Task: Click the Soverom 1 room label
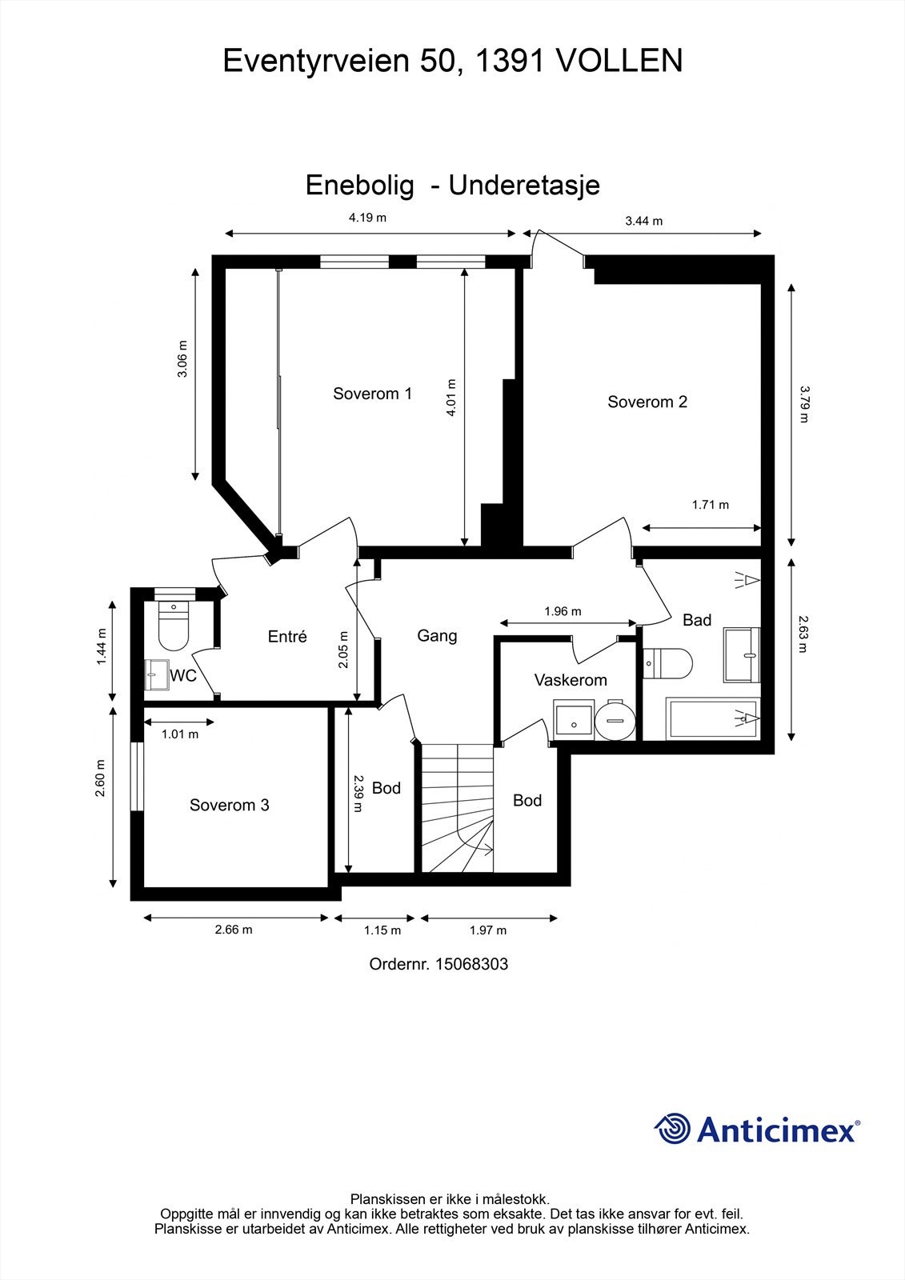point(372,394)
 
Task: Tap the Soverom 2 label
point(647,402)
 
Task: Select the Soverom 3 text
point(229,805)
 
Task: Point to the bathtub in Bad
point(711,718)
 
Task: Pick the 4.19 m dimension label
point(367,218)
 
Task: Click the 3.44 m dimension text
point(643,221)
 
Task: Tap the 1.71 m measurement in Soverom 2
point(710,505)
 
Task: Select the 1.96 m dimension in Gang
point(563,611)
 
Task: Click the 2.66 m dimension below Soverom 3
point(233,930)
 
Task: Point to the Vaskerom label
point(571,680)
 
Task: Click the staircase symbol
point(457,808)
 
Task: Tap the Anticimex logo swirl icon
point(672,1129)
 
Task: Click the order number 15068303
point(471,964)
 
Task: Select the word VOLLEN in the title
point(619,61)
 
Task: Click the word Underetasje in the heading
point(524,186)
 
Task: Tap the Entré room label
point(287,637)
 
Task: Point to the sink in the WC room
point(157,674)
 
